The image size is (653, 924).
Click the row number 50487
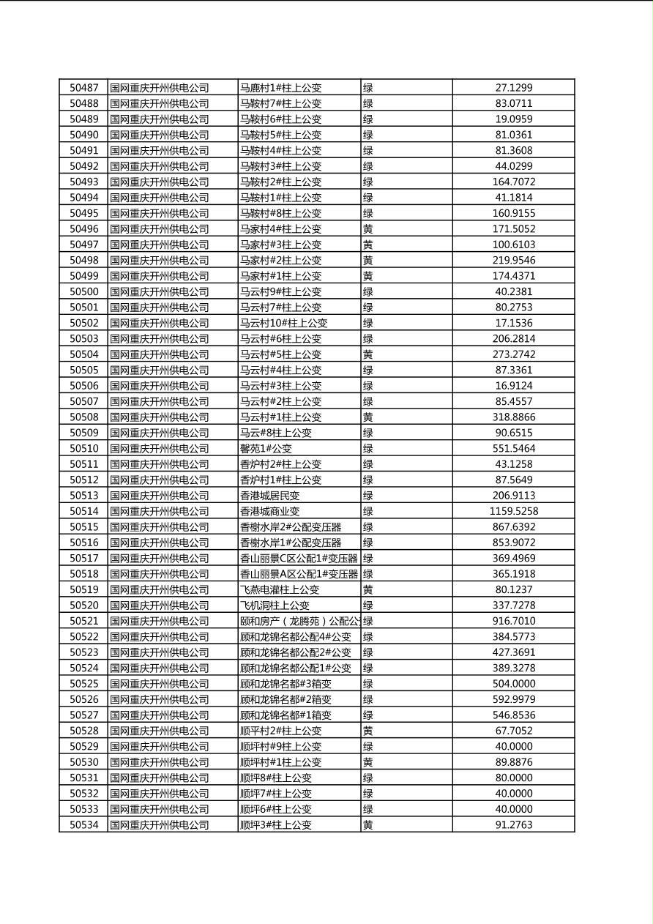[x=83, y=88]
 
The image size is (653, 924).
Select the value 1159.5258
[x=513, y=511]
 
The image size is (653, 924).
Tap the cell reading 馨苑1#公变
[x=266, y=448]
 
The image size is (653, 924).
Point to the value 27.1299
[x=513, y=88]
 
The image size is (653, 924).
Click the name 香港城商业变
[x=270, y=511]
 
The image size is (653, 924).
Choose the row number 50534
[x=83, y=824]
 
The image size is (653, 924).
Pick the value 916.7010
[x=513, y=621]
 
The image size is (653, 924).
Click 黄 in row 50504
[x=367, y=354]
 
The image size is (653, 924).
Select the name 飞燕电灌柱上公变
[x=280, y=589]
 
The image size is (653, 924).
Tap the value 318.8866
[x=513, y=417]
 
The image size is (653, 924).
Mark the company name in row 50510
[x=160, y=448]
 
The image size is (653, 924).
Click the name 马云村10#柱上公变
[x=283, y=323]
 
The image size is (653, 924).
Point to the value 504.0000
[x=513, y=684]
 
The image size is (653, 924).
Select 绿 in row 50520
[x=367, y=606]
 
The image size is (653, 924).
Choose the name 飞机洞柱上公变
[x=275, y=606]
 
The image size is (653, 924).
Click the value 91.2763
[x=513, y=824]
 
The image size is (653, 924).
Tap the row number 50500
[x=83, y=291]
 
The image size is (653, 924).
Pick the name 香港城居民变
[x=270, y=496]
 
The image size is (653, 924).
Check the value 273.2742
[x=513, y=354]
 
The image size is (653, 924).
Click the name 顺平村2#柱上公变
[x=280, y=731]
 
